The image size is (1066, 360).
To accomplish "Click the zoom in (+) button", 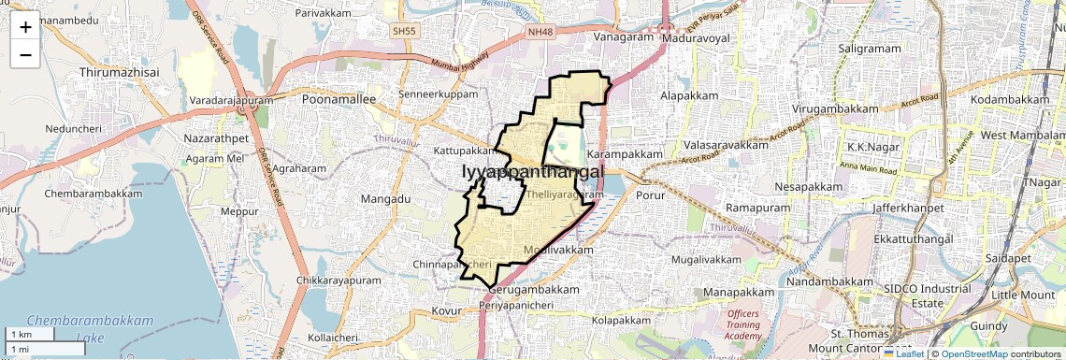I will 25,28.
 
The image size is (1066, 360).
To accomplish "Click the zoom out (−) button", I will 25,55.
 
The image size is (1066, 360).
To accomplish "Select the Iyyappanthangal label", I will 532,173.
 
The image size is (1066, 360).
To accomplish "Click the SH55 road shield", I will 404,31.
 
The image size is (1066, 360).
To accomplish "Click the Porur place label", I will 648,196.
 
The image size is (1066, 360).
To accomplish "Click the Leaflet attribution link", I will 903,353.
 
